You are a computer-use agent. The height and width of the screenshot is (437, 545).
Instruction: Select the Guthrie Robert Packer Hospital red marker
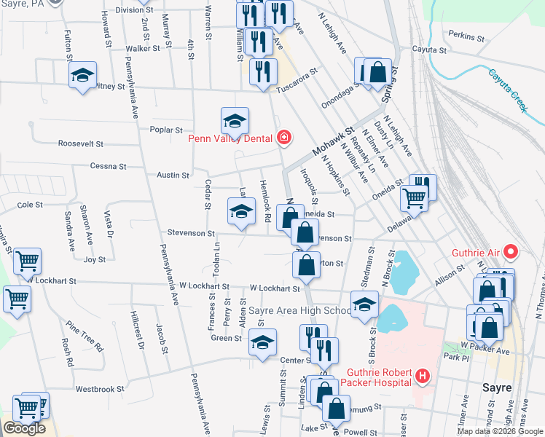(422, 377)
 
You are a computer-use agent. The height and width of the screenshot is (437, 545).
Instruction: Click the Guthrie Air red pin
(510, 253)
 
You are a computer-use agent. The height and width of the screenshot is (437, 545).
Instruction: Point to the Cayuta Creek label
(507, 90)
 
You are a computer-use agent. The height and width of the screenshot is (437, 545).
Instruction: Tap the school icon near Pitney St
(83, 75)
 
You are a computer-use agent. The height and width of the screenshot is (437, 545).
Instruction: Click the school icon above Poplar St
(235, 120)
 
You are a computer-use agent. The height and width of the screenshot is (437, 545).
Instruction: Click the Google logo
(24, 428)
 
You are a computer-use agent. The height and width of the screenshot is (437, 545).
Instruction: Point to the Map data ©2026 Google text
(499, 431)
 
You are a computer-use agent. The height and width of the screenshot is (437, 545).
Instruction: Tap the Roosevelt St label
(82, 143)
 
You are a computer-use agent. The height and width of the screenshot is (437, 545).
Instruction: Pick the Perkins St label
(466, 36)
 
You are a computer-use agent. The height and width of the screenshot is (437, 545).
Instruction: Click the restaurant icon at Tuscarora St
(263, 71)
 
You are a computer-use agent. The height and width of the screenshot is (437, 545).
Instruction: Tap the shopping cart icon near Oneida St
(415, 197)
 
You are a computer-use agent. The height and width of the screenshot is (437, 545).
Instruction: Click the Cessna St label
(108, 166)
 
